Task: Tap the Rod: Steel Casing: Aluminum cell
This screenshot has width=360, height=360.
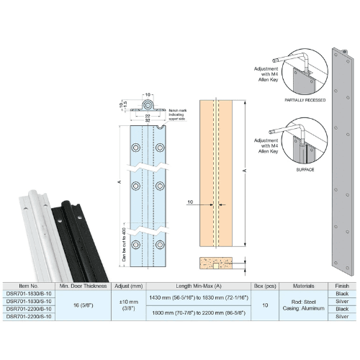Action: tap(302, 304)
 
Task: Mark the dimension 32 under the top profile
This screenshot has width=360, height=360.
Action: tap(147, 120)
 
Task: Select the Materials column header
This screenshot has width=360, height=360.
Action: tap(302, 286)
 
